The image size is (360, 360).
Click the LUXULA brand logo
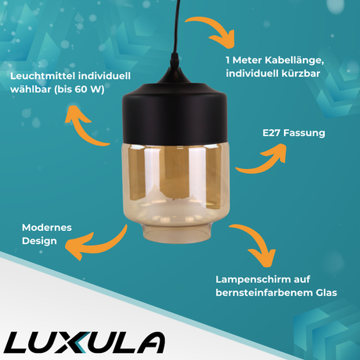click(x=84, y=342)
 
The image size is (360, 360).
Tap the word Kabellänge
click(x=294, y=60)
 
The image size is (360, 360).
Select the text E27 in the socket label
click(x=272, y=133)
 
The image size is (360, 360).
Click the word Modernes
click(x=47, y=228)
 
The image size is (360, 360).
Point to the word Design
click(x=39, y=241)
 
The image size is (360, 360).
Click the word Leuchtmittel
click(x=42, y=76)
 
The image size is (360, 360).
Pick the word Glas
click(x=326, y=293)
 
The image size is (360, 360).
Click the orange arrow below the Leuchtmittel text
click(x=81, y=128)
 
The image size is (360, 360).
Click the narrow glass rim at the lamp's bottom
click(x=177, y=233)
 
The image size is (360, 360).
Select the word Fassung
click(x=304, y=133)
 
